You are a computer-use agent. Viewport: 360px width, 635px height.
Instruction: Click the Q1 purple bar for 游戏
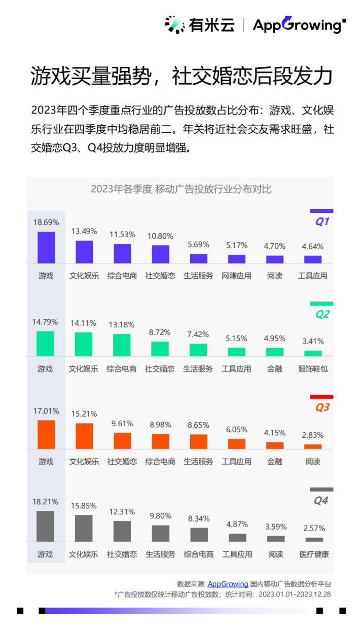46,247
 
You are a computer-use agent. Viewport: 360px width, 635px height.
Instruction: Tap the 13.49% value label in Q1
84,231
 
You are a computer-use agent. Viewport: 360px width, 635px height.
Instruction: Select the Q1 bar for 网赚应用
236,258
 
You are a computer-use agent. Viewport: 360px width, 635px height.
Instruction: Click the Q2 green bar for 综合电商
122,345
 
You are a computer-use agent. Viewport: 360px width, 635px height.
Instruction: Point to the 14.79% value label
46,322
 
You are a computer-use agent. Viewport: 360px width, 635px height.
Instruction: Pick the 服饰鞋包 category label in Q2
313,369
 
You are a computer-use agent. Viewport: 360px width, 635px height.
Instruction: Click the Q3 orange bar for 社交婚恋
122,440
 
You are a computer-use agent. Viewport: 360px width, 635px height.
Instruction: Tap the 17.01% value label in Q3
46,411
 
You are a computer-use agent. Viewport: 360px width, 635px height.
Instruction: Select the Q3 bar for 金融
275,445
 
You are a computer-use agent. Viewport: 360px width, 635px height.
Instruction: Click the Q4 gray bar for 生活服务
161,533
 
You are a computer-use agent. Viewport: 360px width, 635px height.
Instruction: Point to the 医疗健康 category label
314,554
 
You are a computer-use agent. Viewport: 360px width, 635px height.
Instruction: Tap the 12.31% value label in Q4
122,512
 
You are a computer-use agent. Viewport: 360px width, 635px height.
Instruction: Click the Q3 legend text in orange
322,407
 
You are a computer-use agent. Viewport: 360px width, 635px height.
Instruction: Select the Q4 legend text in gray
321,501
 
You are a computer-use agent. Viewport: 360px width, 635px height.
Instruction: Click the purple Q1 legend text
322,221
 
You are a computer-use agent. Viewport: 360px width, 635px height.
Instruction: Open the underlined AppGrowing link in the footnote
228,584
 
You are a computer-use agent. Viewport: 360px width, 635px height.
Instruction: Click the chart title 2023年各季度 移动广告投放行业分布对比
181,190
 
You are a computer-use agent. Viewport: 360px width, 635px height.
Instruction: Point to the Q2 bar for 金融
275,352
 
